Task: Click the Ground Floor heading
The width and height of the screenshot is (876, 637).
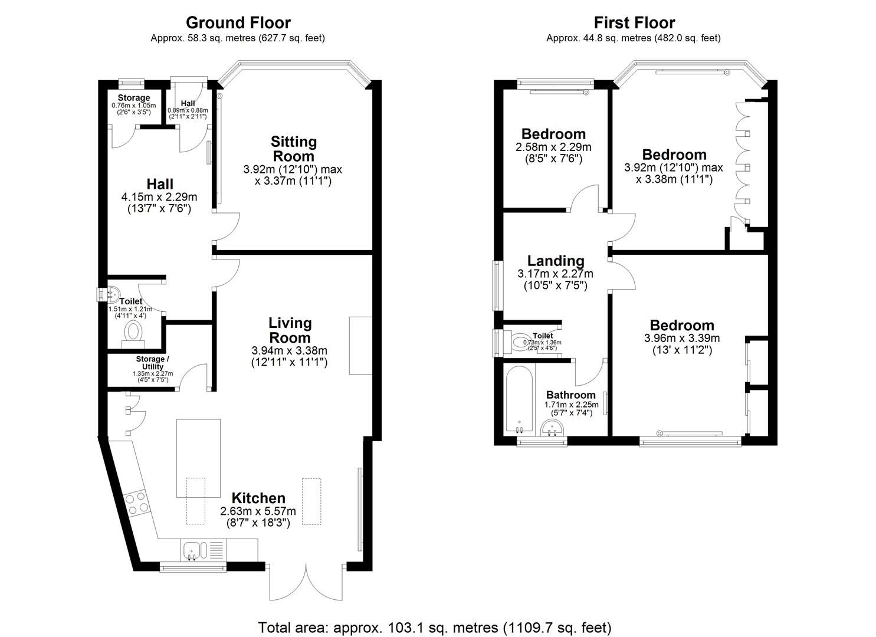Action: click(238, 23)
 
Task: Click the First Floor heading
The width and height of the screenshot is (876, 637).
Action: click(634, 23)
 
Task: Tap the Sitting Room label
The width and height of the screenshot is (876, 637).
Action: click(293, 149)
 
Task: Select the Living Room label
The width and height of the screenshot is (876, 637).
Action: click(290, 330)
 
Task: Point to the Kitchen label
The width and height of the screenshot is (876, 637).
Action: click(258, 498)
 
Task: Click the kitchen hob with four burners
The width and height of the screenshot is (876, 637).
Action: click(137, 503)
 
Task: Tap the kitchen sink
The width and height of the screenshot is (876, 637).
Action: click(192, 551)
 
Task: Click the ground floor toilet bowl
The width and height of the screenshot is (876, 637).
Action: click(134, 331)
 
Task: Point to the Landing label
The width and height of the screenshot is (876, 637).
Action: click(556, 261)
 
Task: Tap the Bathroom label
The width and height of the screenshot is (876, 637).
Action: click(570, 395)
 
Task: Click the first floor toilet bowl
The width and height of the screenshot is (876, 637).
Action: click(521, 342)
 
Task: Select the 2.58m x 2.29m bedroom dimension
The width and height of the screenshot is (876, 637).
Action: click(553, 147)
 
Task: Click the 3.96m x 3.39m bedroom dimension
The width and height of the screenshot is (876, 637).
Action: click(682, 339)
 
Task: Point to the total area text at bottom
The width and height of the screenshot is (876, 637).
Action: click(435, 627)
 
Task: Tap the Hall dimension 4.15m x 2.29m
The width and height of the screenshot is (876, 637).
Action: click(159, 197)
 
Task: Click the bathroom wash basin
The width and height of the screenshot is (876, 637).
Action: click(553, 429)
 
